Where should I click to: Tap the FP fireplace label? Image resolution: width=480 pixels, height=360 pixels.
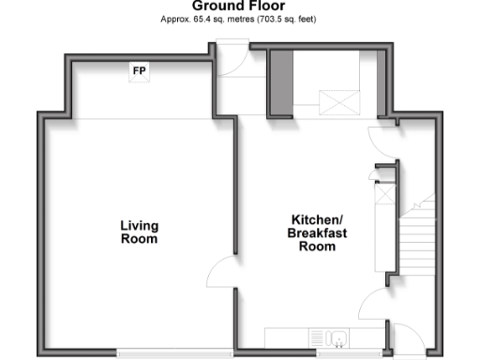click(x=140, y=71)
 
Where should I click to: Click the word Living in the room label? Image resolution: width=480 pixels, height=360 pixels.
click(x=139, y=225)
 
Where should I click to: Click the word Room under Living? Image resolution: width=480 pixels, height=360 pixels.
click(x=139, y=239)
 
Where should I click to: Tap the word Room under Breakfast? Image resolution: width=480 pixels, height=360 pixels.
click(x=317, y=247)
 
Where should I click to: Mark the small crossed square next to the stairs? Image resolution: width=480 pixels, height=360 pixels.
click(x=383, y=195)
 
